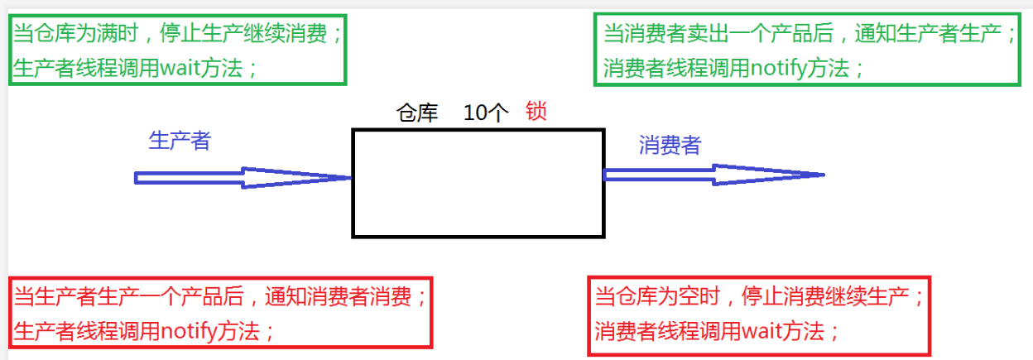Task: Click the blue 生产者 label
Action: [x=180, y=141]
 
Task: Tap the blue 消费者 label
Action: [x=670, y=146]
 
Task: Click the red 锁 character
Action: [x=536, y=113]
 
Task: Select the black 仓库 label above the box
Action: [x=418, y=114]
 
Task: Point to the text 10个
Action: [x=486, y=114]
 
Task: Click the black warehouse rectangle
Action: [x=478, y=183]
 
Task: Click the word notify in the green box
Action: [x=779, y=68]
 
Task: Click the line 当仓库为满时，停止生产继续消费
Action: [x=176, y=34]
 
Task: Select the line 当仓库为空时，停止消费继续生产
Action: [x=757, y=295]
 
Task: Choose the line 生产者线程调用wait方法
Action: [x=135, y=67]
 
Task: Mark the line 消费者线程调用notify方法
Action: [x=733, y=68]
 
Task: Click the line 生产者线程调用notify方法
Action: [x=143, y=330]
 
